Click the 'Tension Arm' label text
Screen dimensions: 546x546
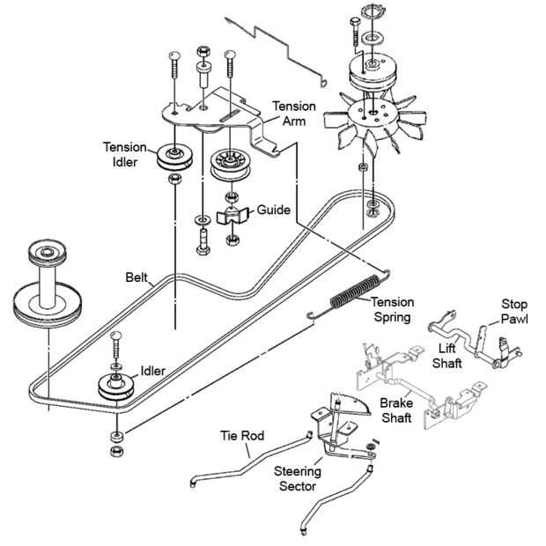pyautogui.click(x=294, y=114)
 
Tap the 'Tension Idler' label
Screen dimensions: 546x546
pyautogui.click(x=125, y=154)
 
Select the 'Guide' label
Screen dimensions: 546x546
pyautogui.click(x=273, y=210)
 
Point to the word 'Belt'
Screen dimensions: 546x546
pyautogui.click(x=136, y=277)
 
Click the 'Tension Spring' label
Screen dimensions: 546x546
pyautogui.click(x=393, y=310)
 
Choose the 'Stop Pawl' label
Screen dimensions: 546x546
pyautogui.click(x=514, y=311)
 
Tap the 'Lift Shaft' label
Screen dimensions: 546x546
pyautogui.click(x=447, y=356)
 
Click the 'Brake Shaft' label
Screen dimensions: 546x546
pyautogui.click(x=396, y=410)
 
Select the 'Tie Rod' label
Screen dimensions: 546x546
pyautogui.click(x=242, y=436)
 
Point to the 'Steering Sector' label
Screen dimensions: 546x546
pyautogui.click(x=298, y=479)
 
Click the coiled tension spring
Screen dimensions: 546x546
pyautogui.click(x=354, y=291)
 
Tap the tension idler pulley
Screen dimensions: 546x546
pyautogui.click(x=174, y=157)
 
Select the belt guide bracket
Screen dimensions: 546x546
pyautogui.click(x=232, y=216)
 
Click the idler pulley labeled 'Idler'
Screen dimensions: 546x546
pyautogui.click(x=116, y=387)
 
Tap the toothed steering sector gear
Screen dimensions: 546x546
pyautogui.click(x=350, y=403)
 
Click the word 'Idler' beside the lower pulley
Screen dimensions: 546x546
pyautogui.click(x=153, y=371)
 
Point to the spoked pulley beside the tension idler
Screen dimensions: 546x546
pyautogui.click(x=230, y=165)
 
